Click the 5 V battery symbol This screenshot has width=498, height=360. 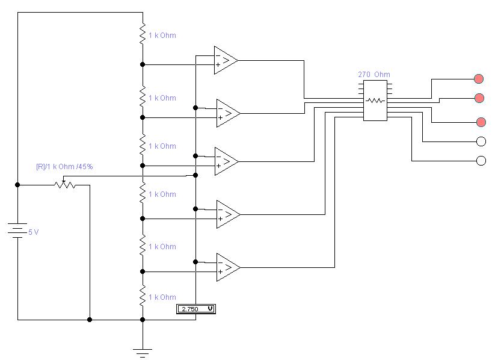pos(17,231)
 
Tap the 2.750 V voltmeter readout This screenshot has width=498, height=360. pos(196,309)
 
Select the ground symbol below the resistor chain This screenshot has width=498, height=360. pos(143,353)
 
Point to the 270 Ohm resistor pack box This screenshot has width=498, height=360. pos(375,101)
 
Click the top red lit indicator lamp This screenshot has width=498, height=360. pos(479,78)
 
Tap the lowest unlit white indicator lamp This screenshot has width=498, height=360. pos(481,161)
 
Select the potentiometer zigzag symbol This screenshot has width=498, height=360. pos(65,184)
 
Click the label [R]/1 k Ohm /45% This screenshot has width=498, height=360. pos(64,166)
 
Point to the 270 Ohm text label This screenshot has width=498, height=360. pos(374,75)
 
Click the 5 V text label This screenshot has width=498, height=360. pos(33,232)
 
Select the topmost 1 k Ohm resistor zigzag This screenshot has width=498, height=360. pos(143,33)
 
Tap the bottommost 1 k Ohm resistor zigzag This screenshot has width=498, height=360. pos(143,296)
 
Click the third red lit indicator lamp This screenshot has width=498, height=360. pos(481,122)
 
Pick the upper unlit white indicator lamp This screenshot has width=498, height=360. pos(481,141)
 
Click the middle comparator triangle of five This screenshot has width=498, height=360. pos(226,161)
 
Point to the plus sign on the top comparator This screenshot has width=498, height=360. pos(218,65)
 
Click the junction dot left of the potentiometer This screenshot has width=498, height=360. pos(17,185)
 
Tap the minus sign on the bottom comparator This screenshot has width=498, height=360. pos(220,262)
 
